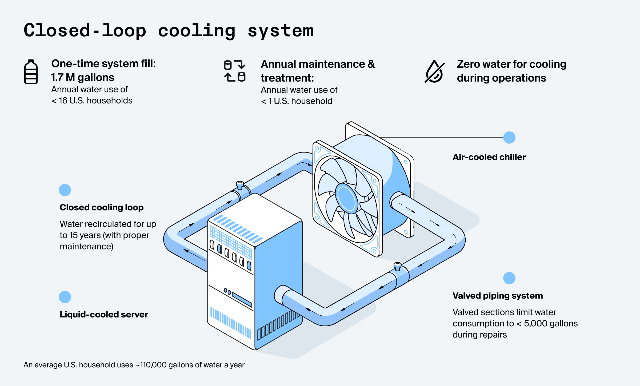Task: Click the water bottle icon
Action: [31, 72]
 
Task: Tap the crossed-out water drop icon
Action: [434, 71]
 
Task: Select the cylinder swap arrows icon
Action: [234, 71]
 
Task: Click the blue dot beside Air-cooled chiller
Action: [509, 138]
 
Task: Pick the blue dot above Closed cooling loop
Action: [65, 190]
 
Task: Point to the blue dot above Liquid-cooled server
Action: [65, 297]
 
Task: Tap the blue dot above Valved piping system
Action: [509, 278]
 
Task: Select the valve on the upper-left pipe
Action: [240, 185]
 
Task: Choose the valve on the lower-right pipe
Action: [397, 266]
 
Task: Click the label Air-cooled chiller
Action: [489, 157]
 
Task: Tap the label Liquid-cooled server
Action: [104, 315]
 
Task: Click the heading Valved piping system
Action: [498, 296]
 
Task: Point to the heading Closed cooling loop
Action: [102, 207]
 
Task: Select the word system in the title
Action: [281, 31]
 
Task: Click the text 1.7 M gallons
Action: [83, 78]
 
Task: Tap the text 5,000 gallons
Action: [551, 323]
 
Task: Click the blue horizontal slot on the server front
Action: [242, 299]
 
